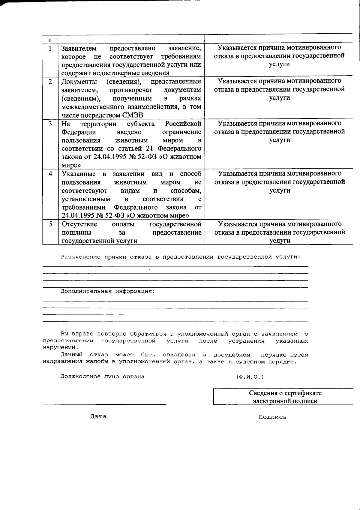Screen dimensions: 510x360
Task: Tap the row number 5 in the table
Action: click(50, 224)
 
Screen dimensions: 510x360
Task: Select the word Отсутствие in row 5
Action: click(79, 224)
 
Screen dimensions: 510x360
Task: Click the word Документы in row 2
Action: click(79, 82)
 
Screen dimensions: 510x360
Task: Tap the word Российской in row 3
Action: click(183, 124)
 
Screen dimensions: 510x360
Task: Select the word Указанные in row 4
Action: click(79, 174)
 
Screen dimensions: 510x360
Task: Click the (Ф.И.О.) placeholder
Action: click(250, 377)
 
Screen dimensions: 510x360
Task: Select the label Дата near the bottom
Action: click(98, 417)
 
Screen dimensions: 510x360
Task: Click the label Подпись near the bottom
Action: click(272, 417)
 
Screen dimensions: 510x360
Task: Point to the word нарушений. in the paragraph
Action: click(60, 348)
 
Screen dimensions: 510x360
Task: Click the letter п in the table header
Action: click(50, 40)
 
